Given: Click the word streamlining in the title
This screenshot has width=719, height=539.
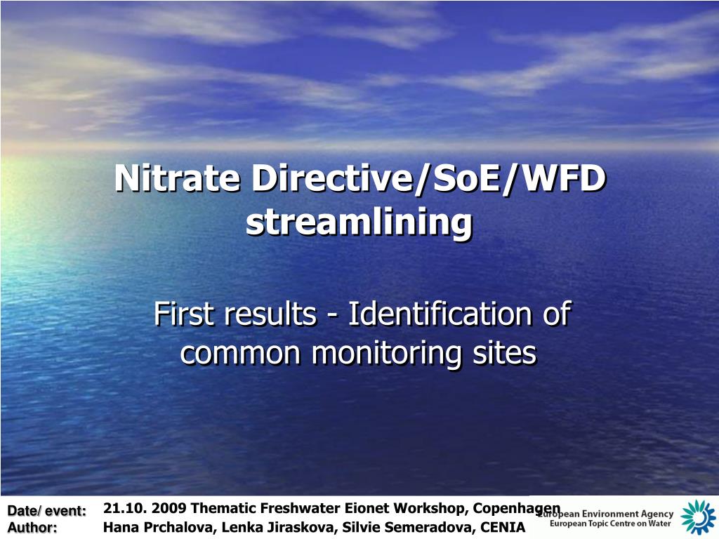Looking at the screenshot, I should click(x=359, y=222).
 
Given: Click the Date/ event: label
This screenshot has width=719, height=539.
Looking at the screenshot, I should click(x=46, y=511).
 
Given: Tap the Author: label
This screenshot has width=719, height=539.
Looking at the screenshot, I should click(x=32, y=528).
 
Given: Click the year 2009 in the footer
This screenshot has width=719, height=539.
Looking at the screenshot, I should click(x=170, y=508).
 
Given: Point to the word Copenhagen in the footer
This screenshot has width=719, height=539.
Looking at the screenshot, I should click(x=516, y=508).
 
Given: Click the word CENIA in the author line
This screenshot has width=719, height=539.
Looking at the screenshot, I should click(x=503, y=526).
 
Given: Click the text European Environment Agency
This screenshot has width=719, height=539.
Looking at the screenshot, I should click(x=608, y=514).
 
